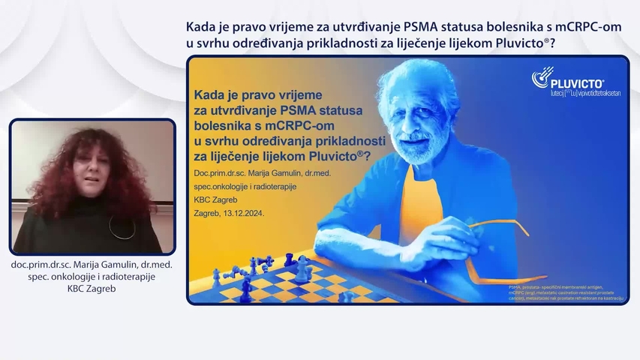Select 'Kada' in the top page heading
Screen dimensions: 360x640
tap(202, 28)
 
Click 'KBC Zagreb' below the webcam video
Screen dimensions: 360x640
tap(93, 289)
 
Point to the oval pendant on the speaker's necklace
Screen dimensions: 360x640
tap(118, 226)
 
